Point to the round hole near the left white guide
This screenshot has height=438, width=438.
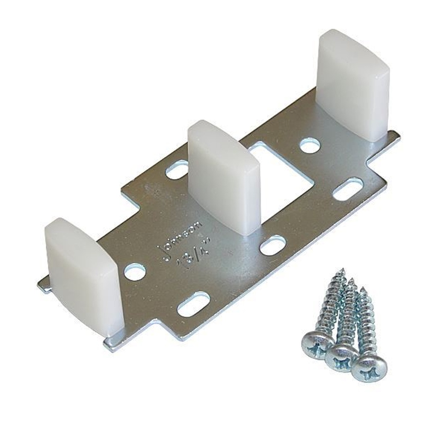[135, 272]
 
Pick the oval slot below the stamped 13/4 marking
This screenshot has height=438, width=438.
[193, 304]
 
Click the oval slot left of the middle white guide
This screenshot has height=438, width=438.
[177, 170]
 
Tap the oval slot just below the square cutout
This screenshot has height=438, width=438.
[272, 246]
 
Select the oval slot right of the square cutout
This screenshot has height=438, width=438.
[347, 189]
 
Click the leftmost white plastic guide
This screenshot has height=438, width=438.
[84, 274]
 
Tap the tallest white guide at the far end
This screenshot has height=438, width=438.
[353, 83]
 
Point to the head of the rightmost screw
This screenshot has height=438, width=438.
[369, 367]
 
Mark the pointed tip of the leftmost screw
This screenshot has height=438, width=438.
[342, 271]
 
